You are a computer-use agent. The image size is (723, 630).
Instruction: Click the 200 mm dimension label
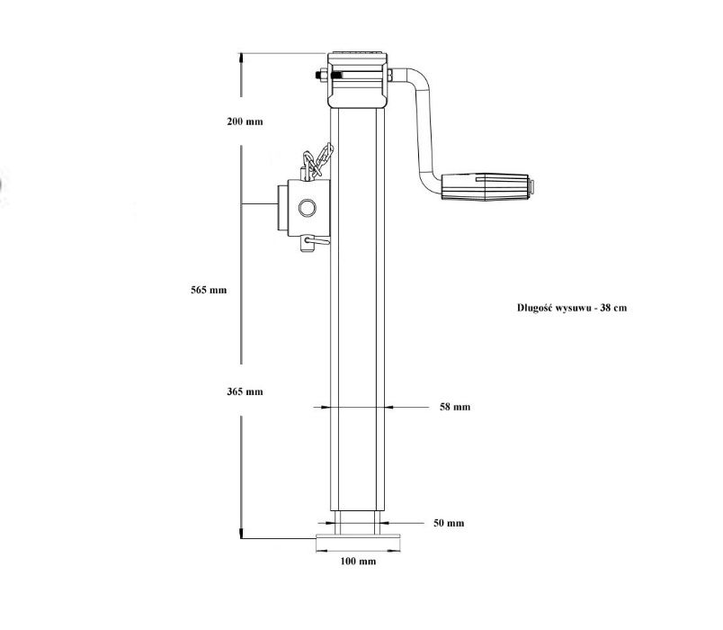pos(245,121)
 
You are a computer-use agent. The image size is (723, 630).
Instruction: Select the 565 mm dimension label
pos(209,290)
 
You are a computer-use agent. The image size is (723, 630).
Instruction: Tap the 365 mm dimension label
pos(245,391)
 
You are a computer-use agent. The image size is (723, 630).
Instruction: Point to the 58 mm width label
pos(455,408)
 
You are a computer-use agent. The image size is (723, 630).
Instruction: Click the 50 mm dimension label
pos(449,523)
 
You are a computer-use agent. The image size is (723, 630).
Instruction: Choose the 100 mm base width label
pos(359,562)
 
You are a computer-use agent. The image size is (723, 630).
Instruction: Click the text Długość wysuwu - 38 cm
pos(572,307)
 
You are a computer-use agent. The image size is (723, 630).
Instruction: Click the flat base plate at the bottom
pos(358,540)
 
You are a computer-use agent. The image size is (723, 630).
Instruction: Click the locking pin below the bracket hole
pos(312,241)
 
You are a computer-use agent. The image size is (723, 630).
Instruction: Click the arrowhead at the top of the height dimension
pos(241,57)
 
